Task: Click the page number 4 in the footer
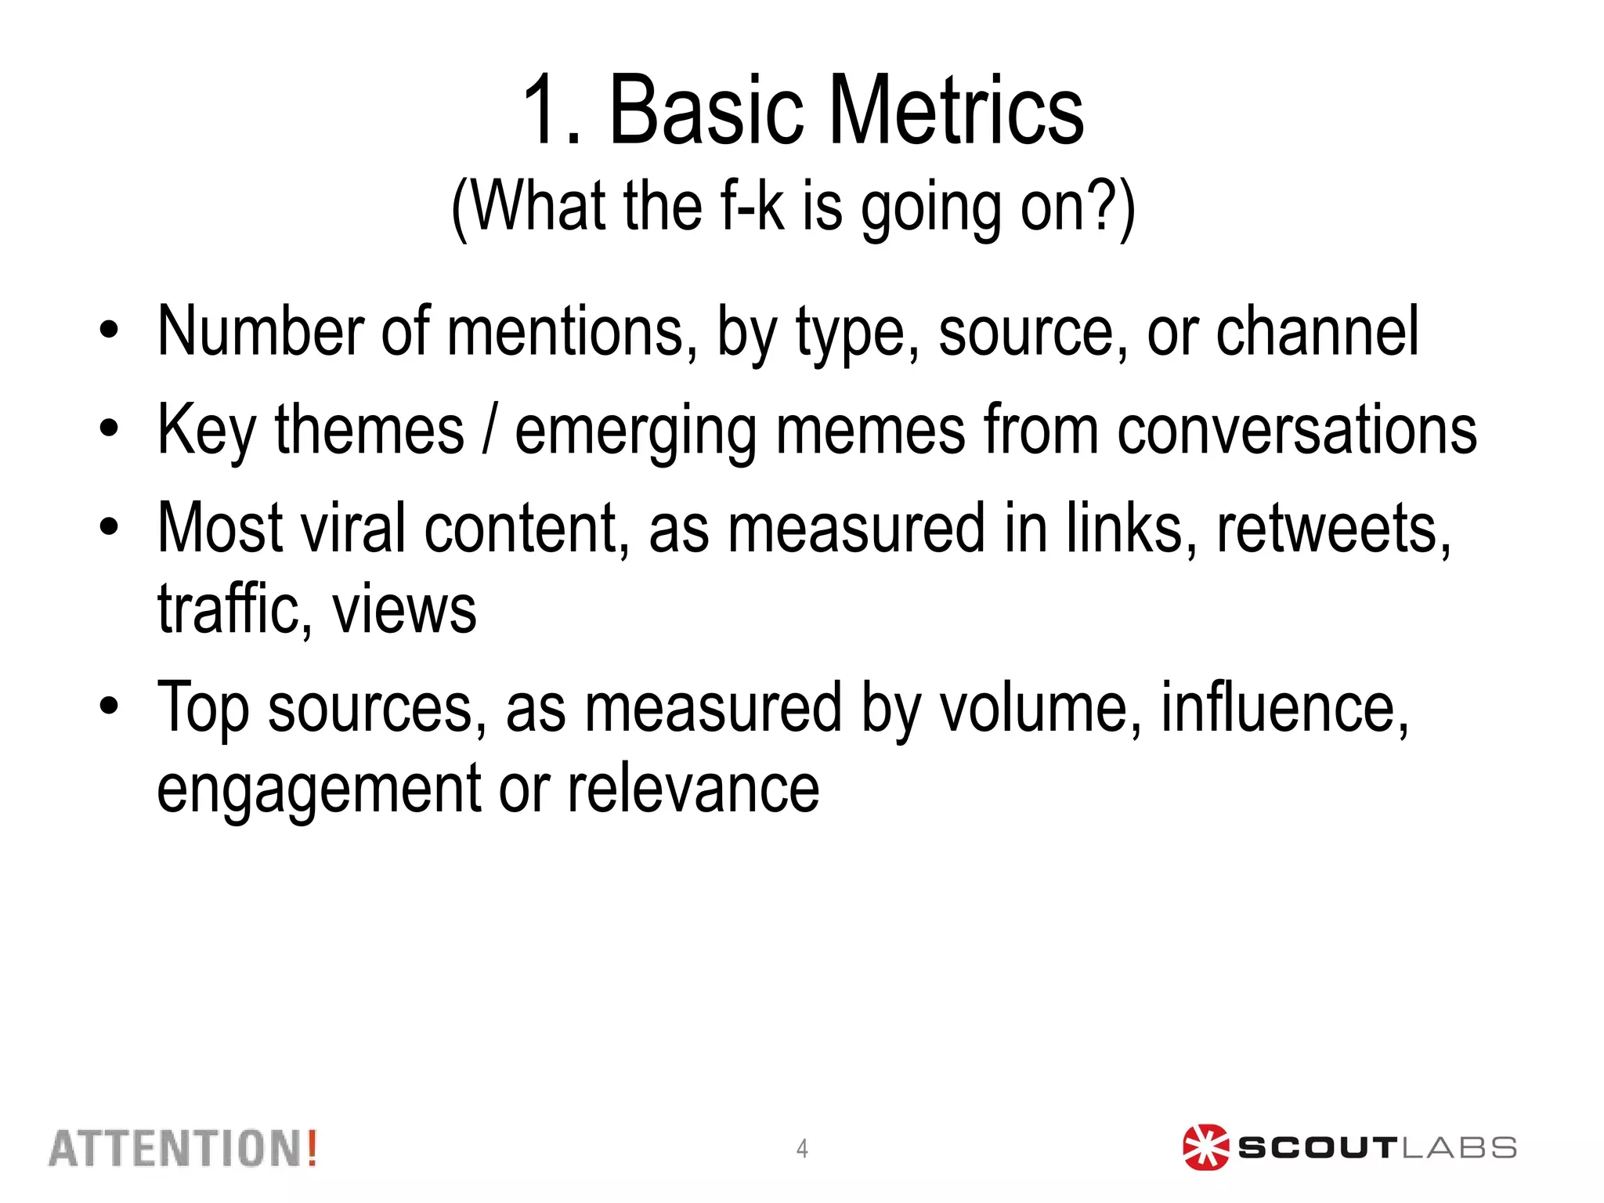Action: tap(802, 1149)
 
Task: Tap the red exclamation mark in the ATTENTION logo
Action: tap(312, 1148)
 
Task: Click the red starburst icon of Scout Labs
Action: tap(1205, 1148)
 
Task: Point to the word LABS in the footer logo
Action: tap(1458, 1149)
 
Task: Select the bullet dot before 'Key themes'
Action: tap(109, 428)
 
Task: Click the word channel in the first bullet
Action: tap(1317, 331)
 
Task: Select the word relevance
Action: tap(693, 789)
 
